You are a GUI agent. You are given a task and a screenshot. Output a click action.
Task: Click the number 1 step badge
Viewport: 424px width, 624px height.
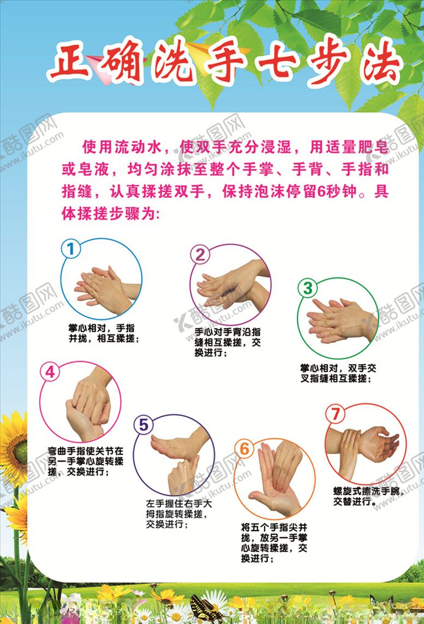pyautogui.click(x=70, y=249)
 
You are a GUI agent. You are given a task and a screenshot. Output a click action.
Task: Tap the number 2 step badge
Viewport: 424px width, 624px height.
pyautogui.click(x=200, y=254)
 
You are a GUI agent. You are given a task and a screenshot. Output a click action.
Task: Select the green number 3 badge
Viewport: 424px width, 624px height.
pyautogui.click(x=308, y=288)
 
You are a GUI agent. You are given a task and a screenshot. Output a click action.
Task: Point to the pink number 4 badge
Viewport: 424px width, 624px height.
pyautogui.click(x=50, y=372)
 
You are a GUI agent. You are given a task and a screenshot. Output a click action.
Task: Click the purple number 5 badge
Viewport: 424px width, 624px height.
pyautogui.click(x=144, y=425)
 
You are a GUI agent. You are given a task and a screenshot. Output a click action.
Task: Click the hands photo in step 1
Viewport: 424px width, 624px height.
pyautogui.click(x=104, y=287)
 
